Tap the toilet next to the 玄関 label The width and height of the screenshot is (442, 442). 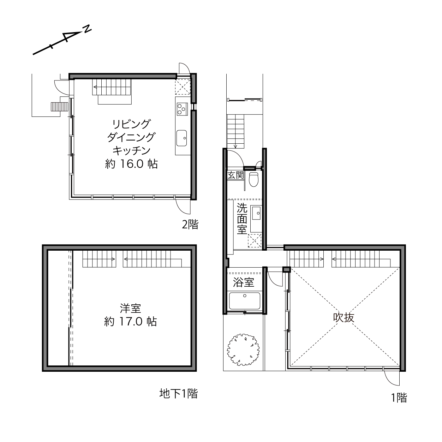pyautogui.click(x=254, y=179)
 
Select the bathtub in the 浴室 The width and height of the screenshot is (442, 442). pyautogui.click(x=245, y=301)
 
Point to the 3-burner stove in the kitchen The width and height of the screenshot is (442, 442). pyautogui.click(x=183, y=109)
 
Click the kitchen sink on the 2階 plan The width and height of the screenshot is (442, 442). pyautogui.click(x=181, y=138)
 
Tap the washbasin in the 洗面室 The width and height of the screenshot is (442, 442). pyautogui.click(x=255, y=213)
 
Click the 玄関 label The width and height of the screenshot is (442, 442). pyautogui.click(x=235, y=175)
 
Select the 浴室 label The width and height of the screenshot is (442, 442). pyautogui.click(x=243, y=282)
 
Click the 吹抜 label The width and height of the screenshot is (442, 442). pyautogui.click(x=344, y=318)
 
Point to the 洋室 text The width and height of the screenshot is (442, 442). pyautogui.click(x=130, y=309)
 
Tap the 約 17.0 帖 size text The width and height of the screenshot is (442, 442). pyautogui.click(x=131, y=322)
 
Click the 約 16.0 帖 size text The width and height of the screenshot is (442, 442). pyautogui.click(x=131, y=164)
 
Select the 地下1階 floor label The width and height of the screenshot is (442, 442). pyautogui.click(x=178, y=394)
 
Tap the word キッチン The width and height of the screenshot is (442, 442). pyautogui.click(x=131, y=151)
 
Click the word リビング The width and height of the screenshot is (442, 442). pyautogui.click(x=131, y=124)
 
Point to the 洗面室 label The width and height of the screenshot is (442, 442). pyautogui.click(x=242, y=219)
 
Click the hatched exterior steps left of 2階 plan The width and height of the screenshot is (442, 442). pyautogui.click(x=59, y=107)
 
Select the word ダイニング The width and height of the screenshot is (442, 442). pyautogui.click(x=131, y=137)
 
